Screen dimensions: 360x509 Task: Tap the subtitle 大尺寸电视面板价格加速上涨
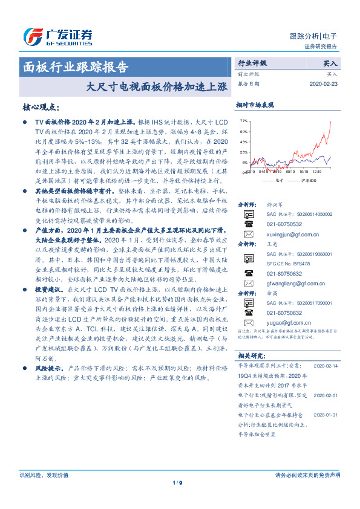[x=157, y=86]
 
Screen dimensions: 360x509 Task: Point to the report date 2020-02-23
[x=322, y=84]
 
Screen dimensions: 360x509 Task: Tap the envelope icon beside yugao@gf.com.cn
[x=249, y=323]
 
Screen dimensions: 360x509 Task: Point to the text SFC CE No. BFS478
[x=287, y=264]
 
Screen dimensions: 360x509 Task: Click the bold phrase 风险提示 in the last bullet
[x=49, y=367]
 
